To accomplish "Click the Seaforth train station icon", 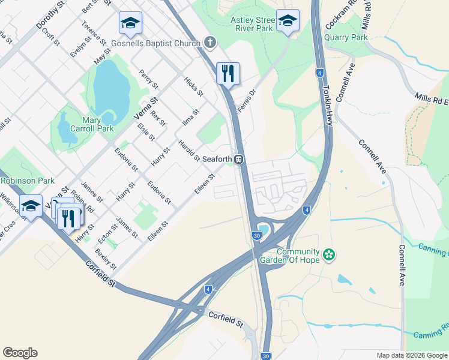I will coord(239,160).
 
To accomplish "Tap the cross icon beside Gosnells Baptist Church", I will coord(209,42).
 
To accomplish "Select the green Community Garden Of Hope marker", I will coord(328,254).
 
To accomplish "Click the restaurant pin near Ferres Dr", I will coord(228,74).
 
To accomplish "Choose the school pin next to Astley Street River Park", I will coord(288,21).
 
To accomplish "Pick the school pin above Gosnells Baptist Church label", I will coord(130,23).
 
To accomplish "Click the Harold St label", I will coord(188,150).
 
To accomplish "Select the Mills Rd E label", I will coord(431,100).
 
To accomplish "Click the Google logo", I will coord(20,353).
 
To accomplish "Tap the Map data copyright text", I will coord(412,355).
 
